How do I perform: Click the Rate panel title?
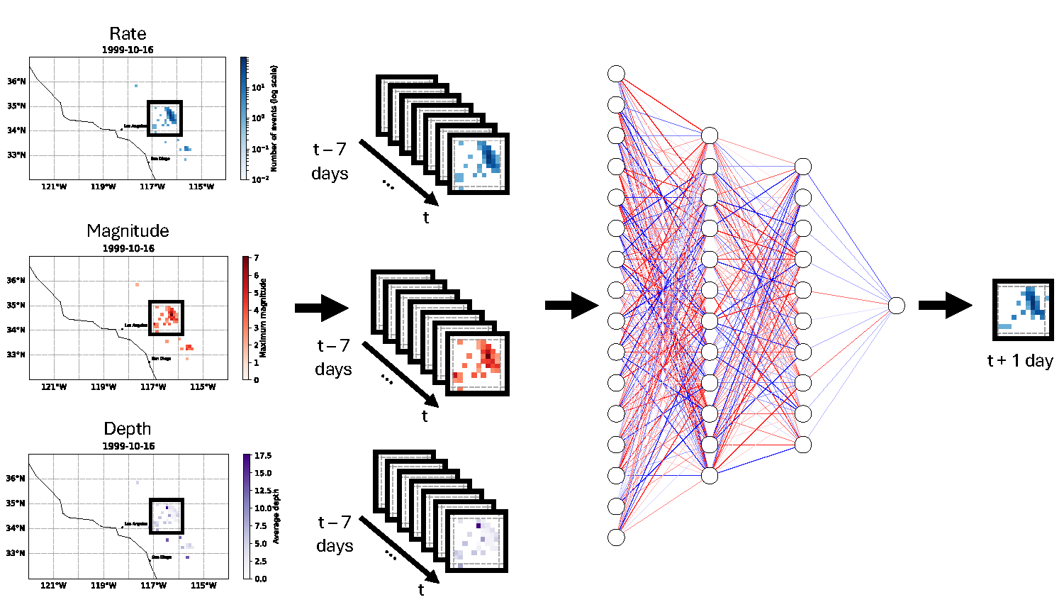pos(128,34)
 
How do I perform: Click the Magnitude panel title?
pos(128,231)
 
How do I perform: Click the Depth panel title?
pos(128,429)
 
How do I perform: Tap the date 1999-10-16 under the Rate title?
pos(128,50)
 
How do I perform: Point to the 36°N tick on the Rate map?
pos(16,82)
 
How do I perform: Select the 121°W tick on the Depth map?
pos(54,586)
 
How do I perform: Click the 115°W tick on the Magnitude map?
pos(203,387)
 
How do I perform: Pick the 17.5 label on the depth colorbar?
pos(263,456)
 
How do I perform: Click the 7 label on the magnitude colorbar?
pos(256,258)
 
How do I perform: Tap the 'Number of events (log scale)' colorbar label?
pos(274,118)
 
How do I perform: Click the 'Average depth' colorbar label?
pos(276,516)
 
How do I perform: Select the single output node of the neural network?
pos(897,306)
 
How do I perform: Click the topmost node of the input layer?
pos(616,74)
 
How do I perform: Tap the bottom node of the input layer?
pos(616,538)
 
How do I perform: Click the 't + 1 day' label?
pos(1020,361)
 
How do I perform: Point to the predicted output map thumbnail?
pos(1023,309)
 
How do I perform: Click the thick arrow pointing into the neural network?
pos(571,306)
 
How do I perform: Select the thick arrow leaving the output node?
pos(945,306)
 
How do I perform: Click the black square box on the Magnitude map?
pos(167,318)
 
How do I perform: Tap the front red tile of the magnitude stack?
pos(477,364)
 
